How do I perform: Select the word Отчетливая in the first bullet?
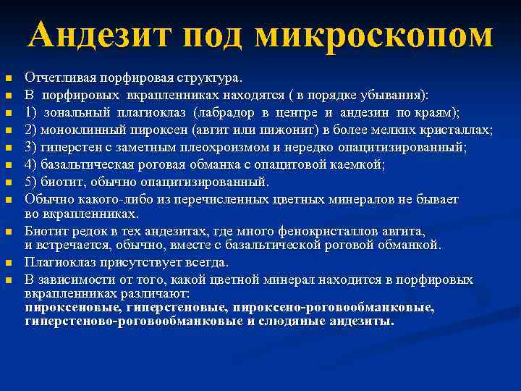tap(54, 77)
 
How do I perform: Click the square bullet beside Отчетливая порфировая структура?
tap(8, 78)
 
